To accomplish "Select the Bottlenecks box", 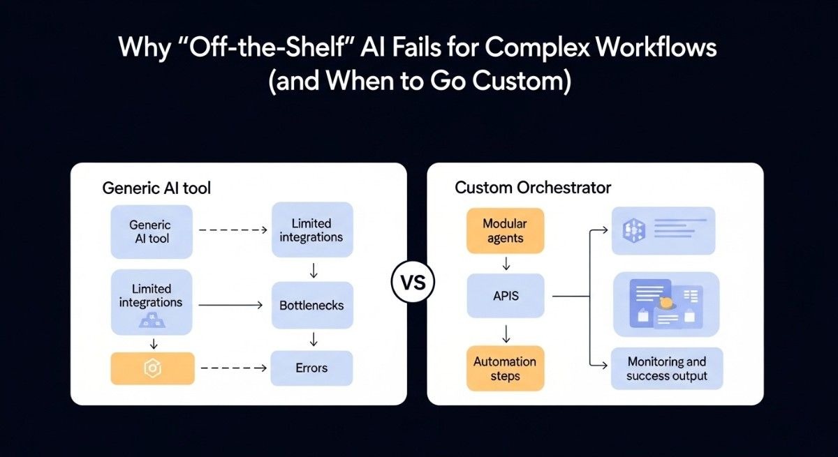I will coord(311,305).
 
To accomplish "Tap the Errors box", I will coord(311,368).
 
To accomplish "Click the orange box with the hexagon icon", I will coord(152,368).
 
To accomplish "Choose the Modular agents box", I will coord(505,231).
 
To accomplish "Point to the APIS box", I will coord(505,296).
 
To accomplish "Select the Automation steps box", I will coord(505,368).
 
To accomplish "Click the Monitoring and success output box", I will coord(666,368).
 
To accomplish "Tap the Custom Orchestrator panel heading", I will coord(533,188).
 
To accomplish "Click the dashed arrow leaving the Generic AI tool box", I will coord(232,229).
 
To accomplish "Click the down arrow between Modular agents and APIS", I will coord(506,264).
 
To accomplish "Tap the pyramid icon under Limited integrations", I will coord(152,320).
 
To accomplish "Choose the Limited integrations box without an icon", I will coord(311,230).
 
